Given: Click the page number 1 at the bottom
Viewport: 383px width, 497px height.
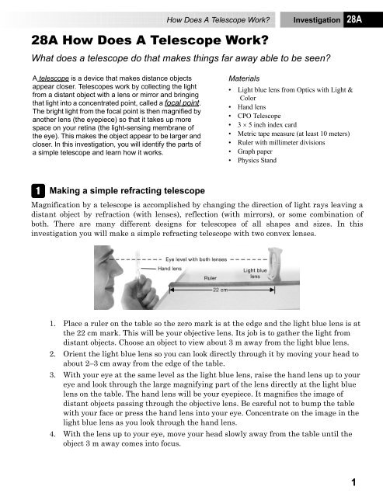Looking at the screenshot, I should click(353, 482).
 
